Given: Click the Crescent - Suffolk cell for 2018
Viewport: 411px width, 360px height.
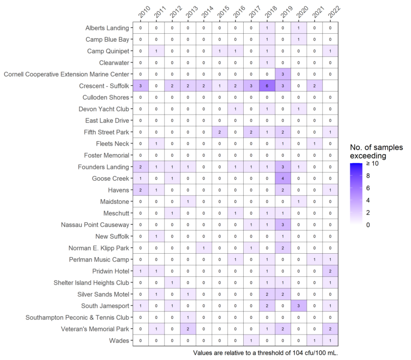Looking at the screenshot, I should point(267,86).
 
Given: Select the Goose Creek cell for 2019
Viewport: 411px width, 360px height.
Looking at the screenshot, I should point(283,179).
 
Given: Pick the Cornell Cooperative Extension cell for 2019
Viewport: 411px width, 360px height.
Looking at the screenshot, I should point(283,74).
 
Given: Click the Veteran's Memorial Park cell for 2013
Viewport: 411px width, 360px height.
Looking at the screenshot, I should point(188,329).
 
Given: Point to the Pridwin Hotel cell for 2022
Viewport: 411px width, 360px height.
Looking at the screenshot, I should point(330,271).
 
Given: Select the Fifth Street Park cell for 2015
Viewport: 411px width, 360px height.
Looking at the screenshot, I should point(220,132).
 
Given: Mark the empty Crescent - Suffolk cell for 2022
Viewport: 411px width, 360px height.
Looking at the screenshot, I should point(330,86).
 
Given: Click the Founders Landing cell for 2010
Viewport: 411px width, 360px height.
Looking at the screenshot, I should point(140,167).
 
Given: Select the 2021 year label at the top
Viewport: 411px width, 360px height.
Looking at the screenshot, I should point(318,13).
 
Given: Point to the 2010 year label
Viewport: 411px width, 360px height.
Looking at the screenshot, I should point(143,13).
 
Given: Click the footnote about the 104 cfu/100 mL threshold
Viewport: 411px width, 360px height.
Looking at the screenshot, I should point(266,353).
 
